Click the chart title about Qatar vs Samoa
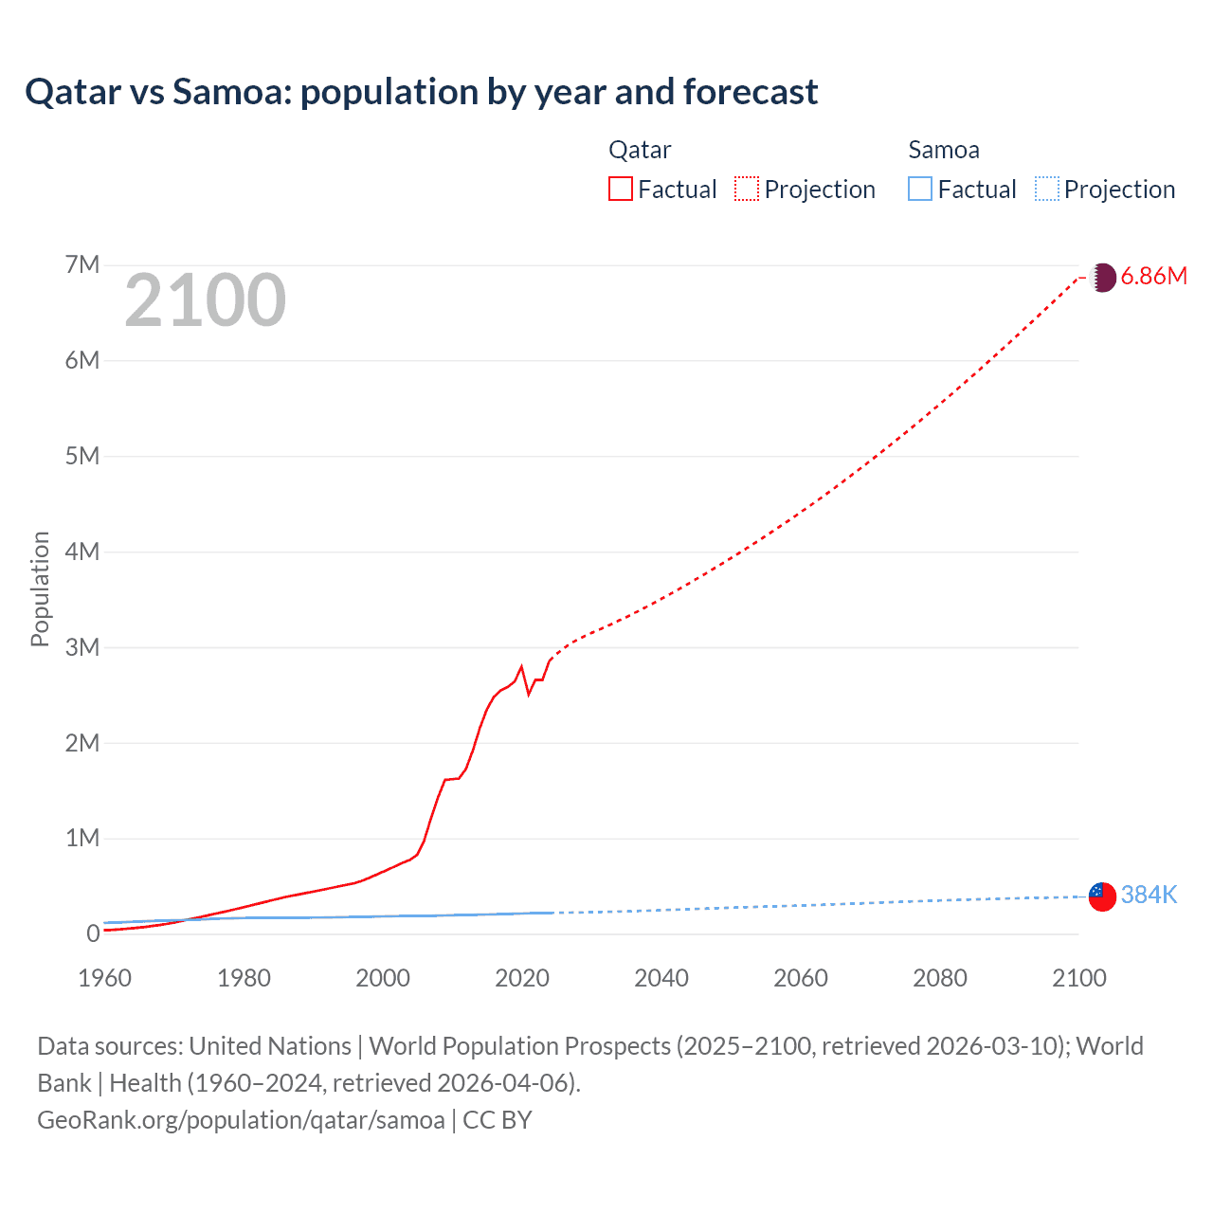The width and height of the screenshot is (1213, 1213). [x=421, y=92]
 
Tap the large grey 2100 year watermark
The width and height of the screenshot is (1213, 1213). [x=205, y=300]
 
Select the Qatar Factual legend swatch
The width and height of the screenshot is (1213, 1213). [x=620, y=190]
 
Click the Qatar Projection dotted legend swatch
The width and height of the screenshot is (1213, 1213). [x=747, y=190]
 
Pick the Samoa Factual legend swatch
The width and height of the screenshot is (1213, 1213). [x=919, y=190]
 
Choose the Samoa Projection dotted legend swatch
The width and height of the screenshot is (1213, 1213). [x=1046, y=190]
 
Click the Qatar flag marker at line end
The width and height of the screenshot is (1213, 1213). [x=1102, y=277]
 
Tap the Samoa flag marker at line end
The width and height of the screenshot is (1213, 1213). [x=1102, y=896]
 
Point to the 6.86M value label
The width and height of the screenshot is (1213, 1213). [x=1153, y=276]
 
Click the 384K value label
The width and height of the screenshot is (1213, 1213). [x=1149, y=895]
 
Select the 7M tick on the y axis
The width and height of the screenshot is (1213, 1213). [x=82, y=264]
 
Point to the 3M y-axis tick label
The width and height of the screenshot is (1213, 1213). [x=82, y=647]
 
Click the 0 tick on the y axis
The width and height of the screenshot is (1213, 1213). [x=93, y=933]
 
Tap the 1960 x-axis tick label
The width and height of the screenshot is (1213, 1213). [x=105, y=978]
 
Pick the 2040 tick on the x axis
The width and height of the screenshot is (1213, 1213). [x=661, y=978]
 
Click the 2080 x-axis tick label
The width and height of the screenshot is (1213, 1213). [x=940, y=978]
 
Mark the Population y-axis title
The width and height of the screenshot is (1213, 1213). [x=40, y=588]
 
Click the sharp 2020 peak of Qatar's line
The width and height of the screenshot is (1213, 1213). [x=521, y=666]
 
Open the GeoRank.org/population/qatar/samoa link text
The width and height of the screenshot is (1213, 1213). [x=241, y=1120]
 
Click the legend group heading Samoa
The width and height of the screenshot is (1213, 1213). [x=944, y=150]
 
